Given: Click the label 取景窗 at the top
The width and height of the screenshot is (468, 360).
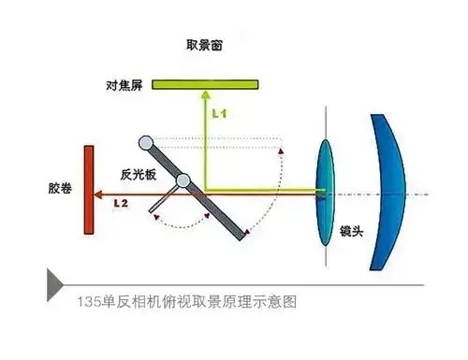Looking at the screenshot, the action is coord(204,45).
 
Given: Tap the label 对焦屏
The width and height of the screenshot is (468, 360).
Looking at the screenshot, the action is coord(124,85).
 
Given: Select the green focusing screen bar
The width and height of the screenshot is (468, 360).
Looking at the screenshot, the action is coord(205,84).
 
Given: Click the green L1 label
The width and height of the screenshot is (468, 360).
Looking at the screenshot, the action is coord(219,113).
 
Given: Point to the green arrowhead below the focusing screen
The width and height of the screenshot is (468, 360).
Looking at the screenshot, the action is coord(205,94).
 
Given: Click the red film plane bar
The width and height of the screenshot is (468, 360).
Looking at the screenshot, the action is coord(89,190).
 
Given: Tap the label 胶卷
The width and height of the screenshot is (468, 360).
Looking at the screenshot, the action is coord(60,188).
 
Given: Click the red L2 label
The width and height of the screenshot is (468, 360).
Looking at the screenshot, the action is coord(121,204).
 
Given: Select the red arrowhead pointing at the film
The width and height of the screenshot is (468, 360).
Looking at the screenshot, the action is coord(98,194).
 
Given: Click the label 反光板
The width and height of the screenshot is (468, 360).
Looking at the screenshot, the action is coord(139,175).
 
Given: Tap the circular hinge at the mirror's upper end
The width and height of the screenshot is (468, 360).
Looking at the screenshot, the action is coord(146,143).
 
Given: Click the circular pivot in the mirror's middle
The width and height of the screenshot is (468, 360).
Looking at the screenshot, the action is coord(183,180).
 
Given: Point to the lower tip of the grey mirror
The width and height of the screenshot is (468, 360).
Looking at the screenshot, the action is coord(242,238).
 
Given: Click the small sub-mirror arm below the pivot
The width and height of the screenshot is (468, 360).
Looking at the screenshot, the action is coord(163,200).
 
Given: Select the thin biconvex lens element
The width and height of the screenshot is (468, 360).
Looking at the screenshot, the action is coord(325,193).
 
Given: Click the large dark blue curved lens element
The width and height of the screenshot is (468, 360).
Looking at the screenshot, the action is coord(388,193).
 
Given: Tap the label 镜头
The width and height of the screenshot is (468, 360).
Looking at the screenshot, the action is coord(352,231).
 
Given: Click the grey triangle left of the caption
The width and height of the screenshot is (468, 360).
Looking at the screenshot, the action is coord(55,285).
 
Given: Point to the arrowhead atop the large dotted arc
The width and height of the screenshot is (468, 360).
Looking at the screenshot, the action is coord(281,151).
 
